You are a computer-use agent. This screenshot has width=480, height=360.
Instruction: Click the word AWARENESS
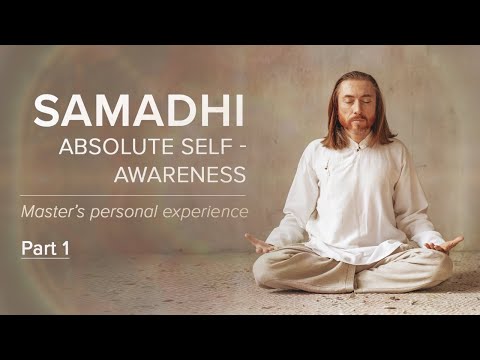pos(184,176)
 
